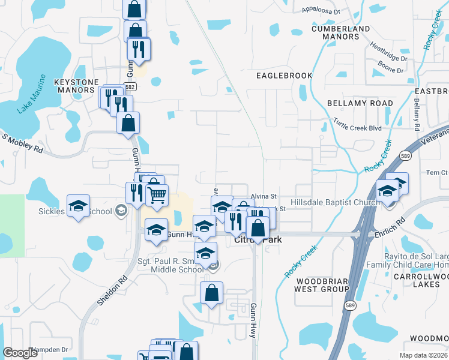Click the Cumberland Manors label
click(x=341, y=32)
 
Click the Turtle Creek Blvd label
click(x=358, y=128)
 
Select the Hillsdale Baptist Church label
click(x=334, y=203)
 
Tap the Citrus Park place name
click(x=258, y=240)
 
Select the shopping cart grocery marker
click(x=157, y=194)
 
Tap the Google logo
click(x=20, y=353)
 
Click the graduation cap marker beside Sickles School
click(x=78, y=206)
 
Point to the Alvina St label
click(x=264, y=196)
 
